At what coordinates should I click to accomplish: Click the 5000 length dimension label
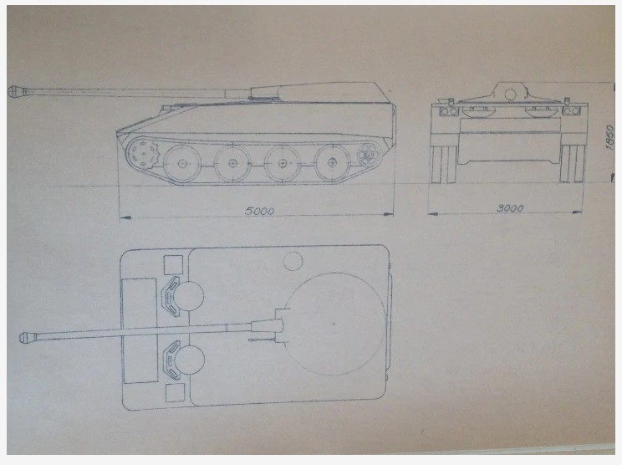point(259,211)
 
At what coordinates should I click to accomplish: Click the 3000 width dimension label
point(510,208)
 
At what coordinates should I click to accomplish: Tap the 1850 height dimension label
point(610,137)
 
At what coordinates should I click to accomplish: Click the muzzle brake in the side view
point(16,91)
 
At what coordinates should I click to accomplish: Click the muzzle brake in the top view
point(28,337)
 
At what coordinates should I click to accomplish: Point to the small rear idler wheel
point(369,155)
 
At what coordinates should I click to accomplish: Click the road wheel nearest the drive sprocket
point(182,163)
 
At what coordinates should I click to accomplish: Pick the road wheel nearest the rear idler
point(333,162)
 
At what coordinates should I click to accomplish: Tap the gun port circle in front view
point(511,95)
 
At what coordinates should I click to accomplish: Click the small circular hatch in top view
point(293,262)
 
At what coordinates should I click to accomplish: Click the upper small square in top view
point(173,265)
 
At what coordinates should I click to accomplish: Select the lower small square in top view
point(175,393)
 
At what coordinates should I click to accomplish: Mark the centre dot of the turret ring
point(334,324)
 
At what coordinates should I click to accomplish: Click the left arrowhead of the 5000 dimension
point(125,217)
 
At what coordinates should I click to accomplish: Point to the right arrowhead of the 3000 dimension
point(577,212)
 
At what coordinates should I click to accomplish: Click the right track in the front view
point(573,163)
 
